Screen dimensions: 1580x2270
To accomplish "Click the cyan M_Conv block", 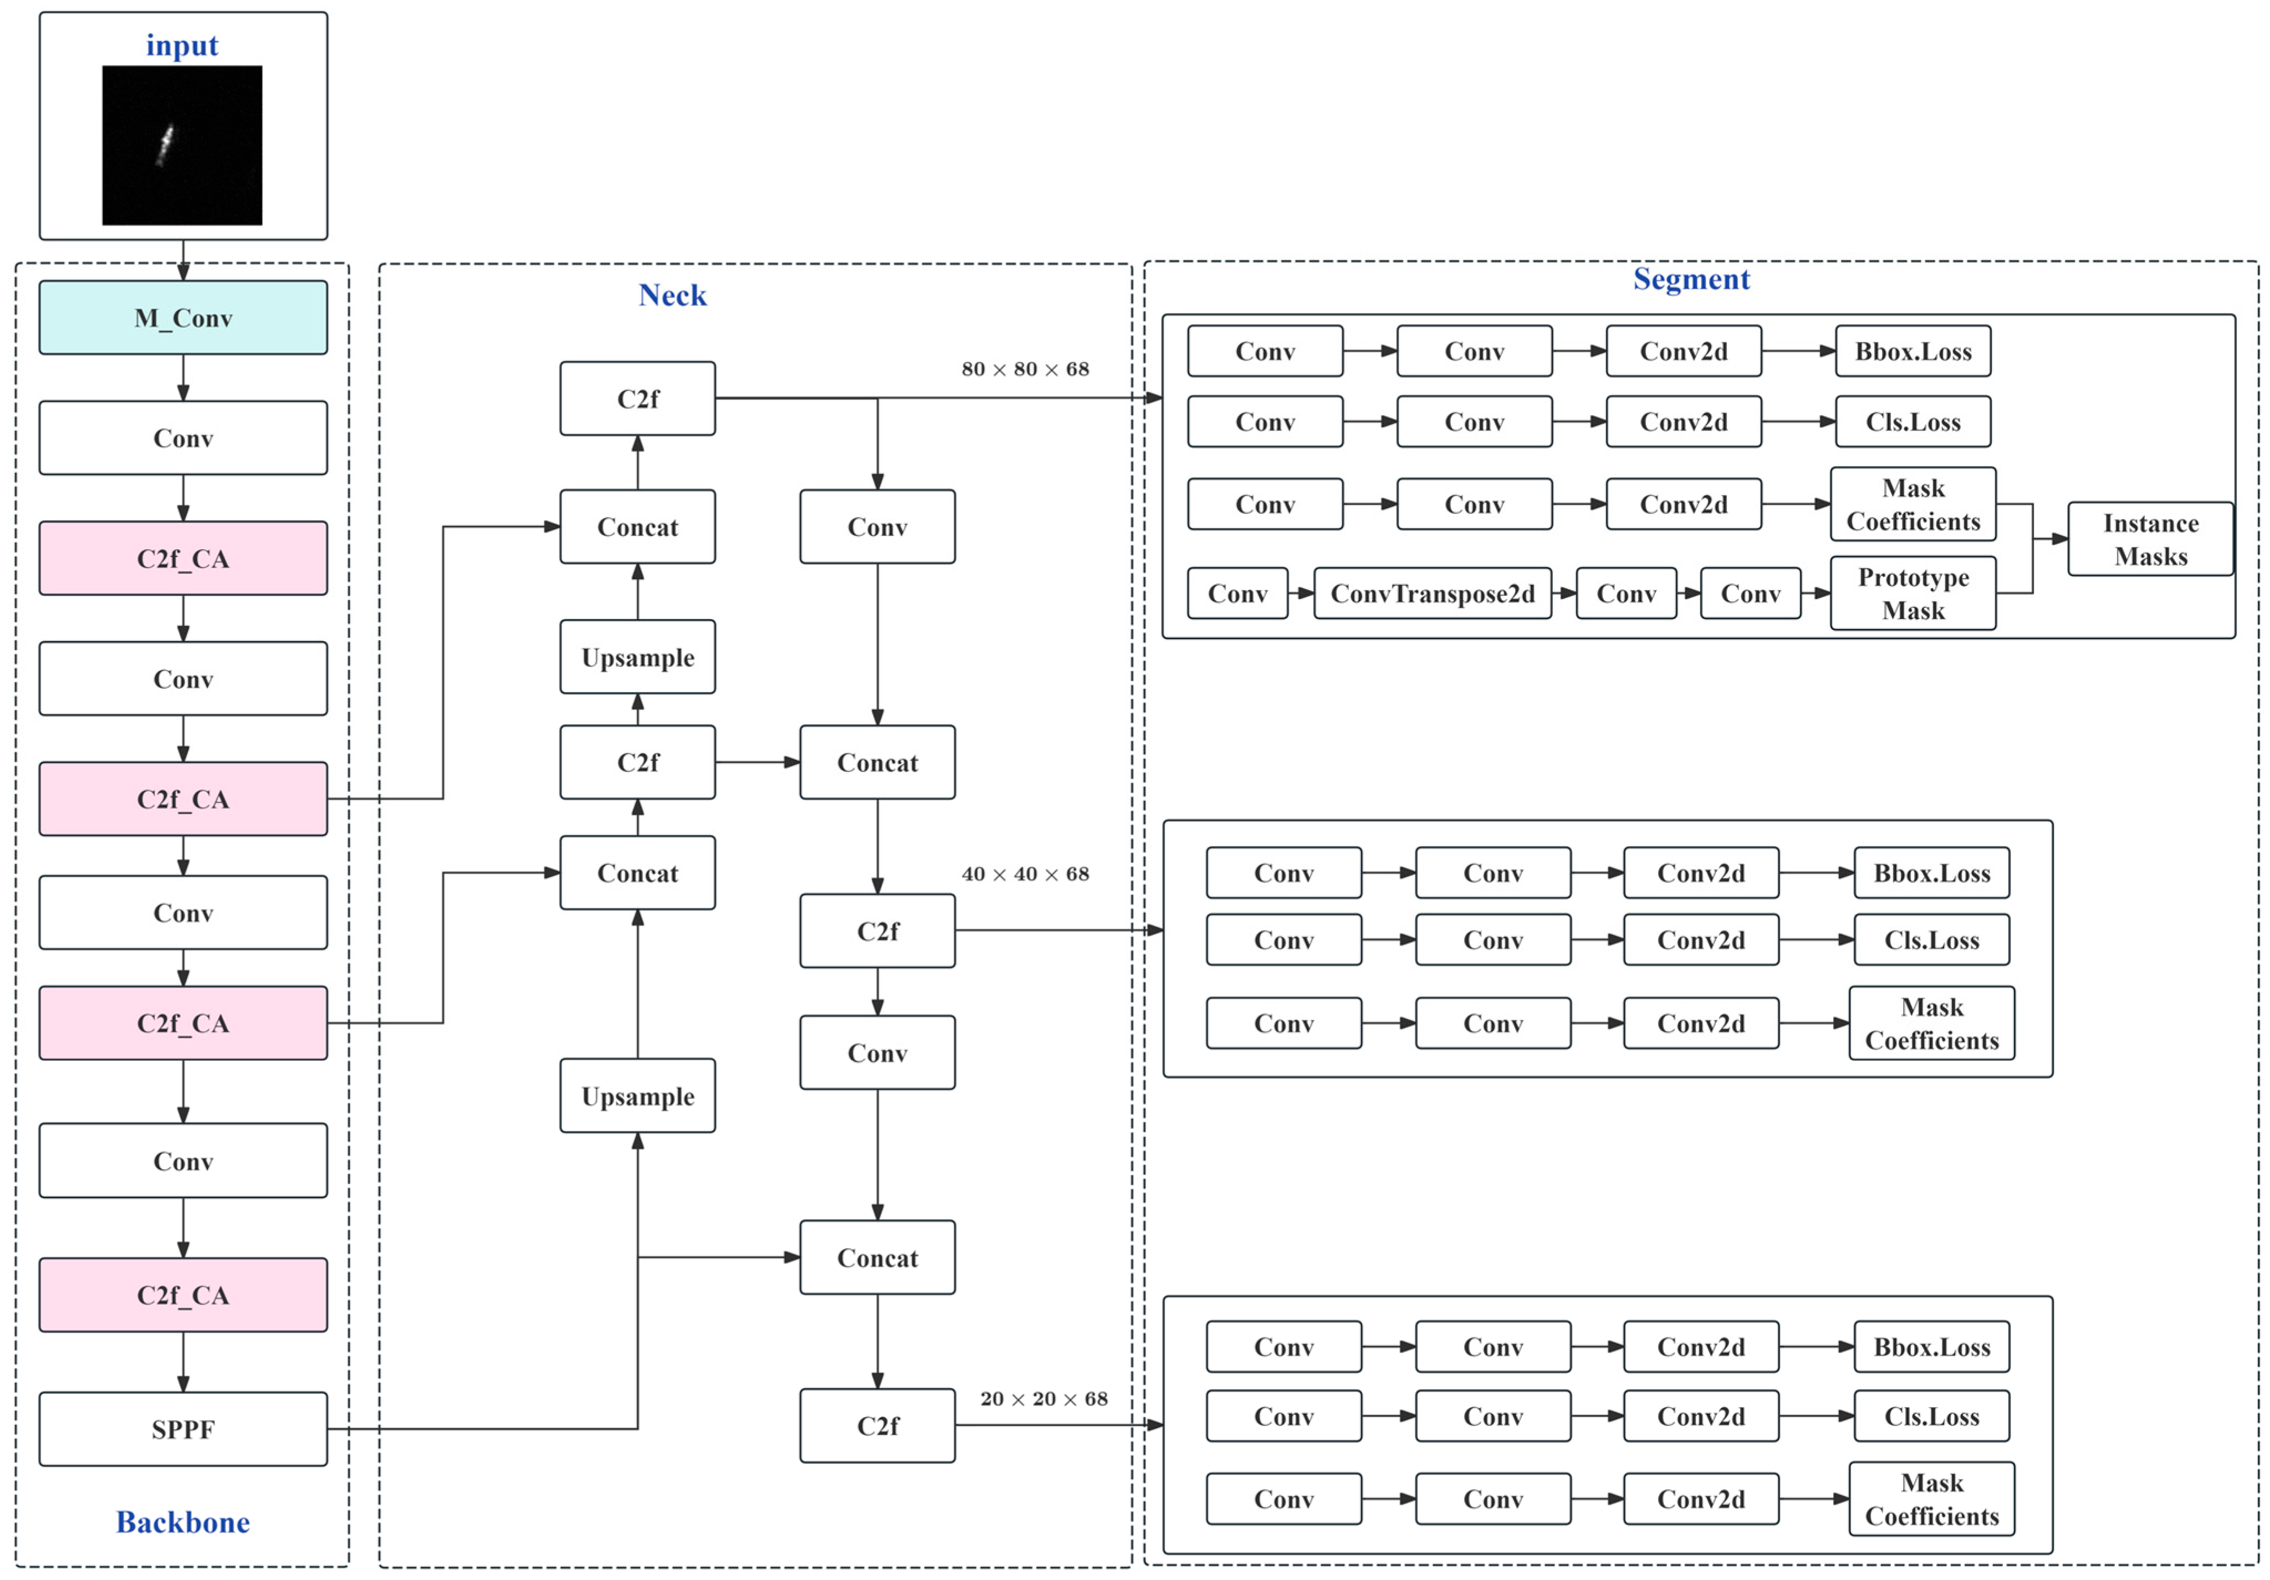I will tap(183, 318).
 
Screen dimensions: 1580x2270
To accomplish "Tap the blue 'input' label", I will tap(182, 45).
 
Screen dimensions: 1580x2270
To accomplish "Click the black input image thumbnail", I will tap(182, 145).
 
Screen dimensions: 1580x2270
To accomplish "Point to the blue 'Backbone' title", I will tap(183, 1522).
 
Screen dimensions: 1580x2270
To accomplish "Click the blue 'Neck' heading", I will tap(672, 295).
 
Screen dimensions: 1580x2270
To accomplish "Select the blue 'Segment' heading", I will tap(1691, 279).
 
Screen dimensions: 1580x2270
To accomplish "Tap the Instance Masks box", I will tap(2150, 539).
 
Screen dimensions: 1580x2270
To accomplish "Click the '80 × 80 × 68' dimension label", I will tap(1025, 369).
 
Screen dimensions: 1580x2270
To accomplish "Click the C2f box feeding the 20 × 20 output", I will tap(877, 1425).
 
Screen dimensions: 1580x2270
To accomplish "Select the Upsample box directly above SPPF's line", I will tap(638, 1096).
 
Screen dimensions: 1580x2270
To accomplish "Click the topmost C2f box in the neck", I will tap(638, 398).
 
